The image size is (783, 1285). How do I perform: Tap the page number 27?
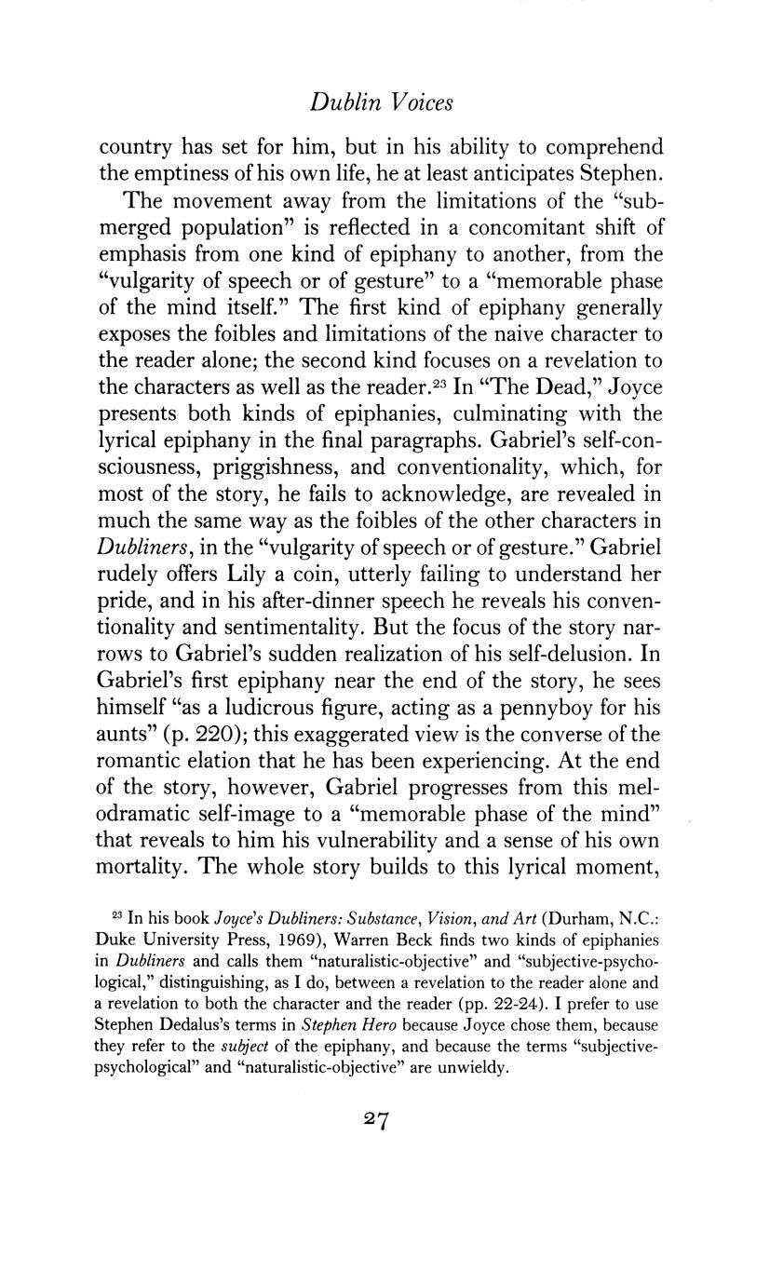(x=376, y=1120)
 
